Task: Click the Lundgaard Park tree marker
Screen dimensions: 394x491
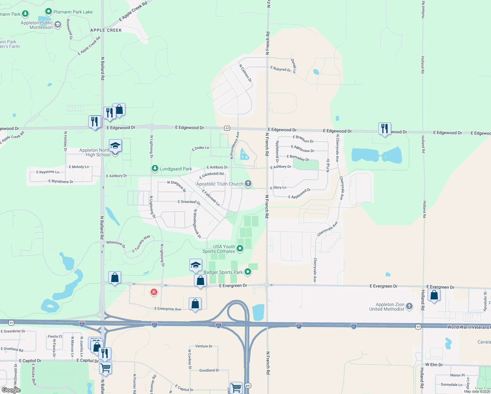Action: point(155,168)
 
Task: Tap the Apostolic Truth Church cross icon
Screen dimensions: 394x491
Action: point(248,184)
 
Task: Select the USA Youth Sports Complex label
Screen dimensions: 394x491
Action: point(219,249)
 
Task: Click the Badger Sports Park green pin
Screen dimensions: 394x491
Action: point(248,272)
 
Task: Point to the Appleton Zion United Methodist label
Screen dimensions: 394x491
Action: point(387,307)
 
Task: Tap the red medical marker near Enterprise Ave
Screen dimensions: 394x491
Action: point(154,292)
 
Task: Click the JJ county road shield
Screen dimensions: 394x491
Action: point(227,128)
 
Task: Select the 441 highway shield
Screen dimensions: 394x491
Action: point(248,386)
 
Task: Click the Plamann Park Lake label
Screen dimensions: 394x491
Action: point(73,12)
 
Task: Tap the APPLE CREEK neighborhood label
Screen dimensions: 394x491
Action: point(106,30)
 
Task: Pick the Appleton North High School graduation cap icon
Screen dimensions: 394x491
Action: point(115,145)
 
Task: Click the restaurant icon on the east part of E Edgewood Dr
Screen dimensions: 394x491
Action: point(385,129)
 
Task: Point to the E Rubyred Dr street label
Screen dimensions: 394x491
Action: point(281,69)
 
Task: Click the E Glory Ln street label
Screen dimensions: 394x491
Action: point(278,187)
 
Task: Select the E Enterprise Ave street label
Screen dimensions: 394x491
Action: point(168,309)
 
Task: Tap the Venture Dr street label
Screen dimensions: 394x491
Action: point(204,346)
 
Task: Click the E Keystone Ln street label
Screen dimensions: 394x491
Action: point(48,172)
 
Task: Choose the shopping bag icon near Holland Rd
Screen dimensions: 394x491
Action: point(434,295)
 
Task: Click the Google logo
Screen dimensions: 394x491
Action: point(11,390)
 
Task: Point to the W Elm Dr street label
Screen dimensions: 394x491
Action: point(434,365)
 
